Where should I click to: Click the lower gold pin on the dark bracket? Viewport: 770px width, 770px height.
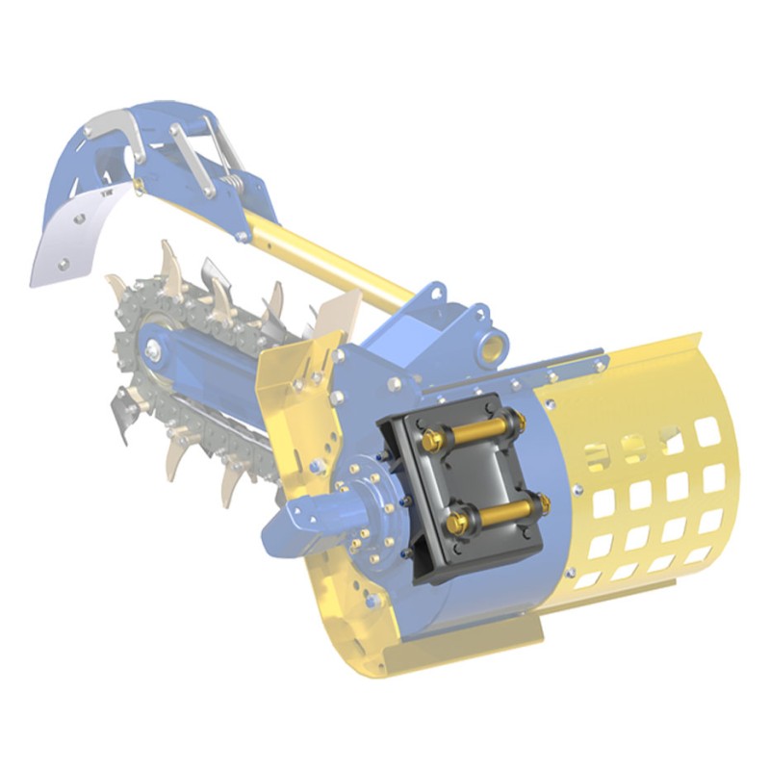coord(491,513)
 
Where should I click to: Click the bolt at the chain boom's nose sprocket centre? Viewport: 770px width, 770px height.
coord(152,351)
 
